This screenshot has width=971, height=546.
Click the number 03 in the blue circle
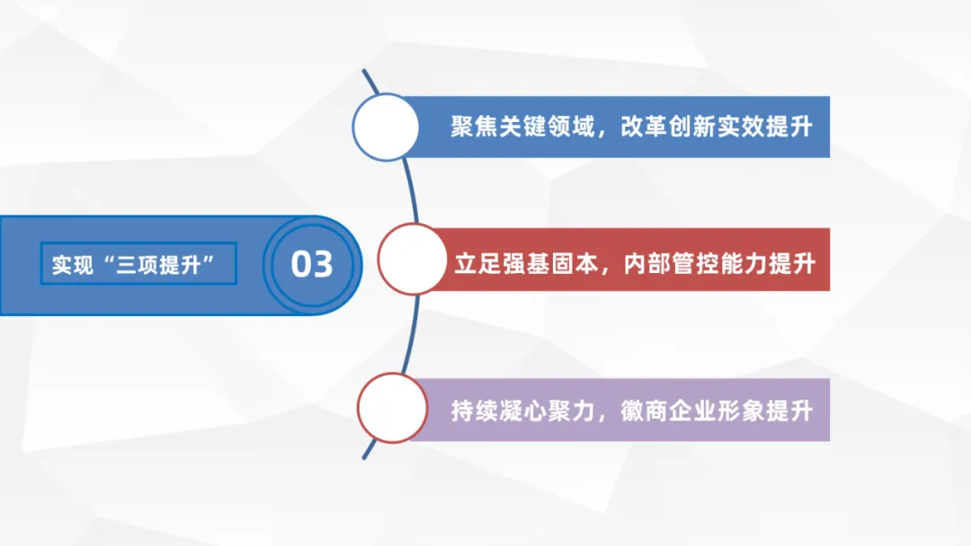click(x=312, y=264)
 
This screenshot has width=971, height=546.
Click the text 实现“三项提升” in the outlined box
click(x=138, y=265)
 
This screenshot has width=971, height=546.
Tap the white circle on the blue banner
click(x=386, y=127)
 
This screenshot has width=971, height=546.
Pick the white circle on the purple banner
click(x=392, y=409)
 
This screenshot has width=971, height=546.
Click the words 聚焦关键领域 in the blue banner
click(x=522, y=127)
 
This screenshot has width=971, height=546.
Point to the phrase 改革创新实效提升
click(x=717, y=127)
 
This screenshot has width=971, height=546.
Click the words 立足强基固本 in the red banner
click(x=525, y=264)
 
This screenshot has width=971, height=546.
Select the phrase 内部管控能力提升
click(x=719, y=264)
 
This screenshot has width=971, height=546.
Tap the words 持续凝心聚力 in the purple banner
click(x=522, y=410)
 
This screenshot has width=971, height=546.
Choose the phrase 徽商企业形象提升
click(x=717, y=410)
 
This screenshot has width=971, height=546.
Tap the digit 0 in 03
click(x=300, y=264)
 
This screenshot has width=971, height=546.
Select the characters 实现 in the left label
click(x=73, y=265)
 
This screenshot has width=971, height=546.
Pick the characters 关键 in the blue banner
click(x=522, y=127)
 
